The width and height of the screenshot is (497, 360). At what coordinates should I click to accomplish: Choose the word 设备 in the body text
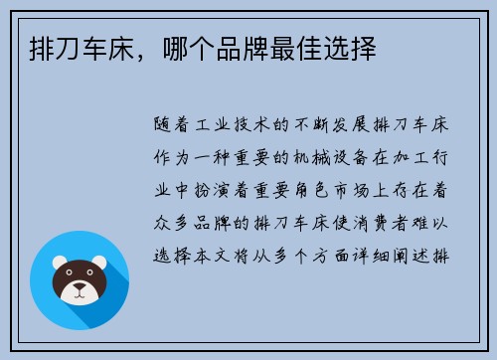tap(358, 157)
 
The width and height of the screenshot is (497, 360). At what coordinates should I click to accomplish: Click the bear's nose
tap(79, 290)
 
